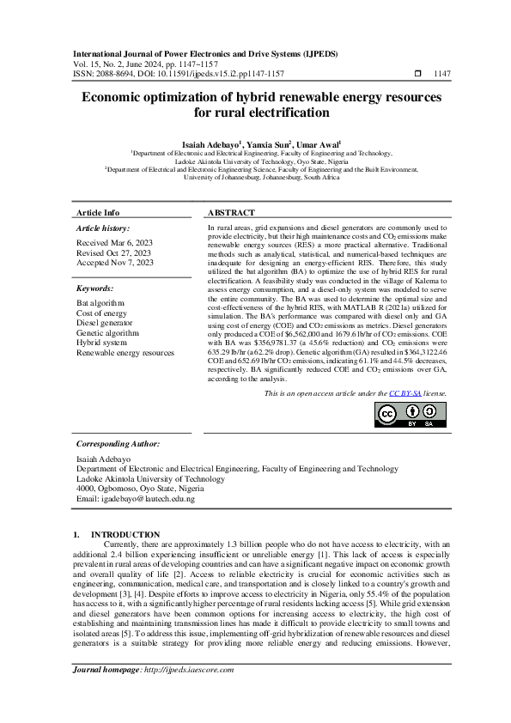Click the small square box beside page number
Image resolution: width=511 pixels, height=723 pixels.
point(417,74)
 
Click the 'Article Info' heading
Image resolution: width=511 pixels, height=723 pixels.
point(98,212)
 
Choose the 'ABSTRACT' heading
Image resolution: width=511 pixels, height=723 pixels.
point(231,212)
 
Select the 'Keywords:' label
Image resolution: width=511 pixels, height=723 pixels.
point(95,289)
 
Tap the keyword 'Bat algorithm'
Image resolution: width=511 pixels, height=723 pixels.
point(100,304)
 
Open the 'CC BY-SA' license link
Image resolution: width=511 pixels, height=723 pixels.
point(406,392)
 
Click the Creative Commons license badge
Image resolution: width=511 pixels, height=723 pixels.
point(410,414)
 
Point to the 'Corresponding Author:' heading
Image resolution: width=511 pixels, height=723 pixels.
point(118,444)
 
